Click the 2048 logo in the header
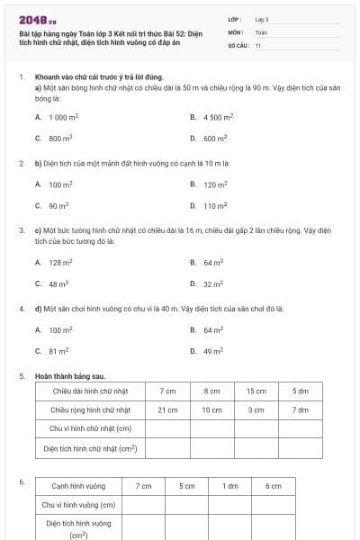click(x=38, y=19)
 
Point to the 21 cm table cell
click(x=167, y=409)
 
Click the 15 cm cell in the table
click(x=256, y=391)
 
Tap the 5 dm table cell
click(x=300, y=391)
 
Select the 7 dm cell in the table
click(x=300, y=409)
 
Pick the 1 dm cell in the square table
click(x=230, y=486)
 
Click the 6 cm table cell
click(x=274, y=486)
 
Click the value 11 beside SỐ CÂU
click(x=258, y=44)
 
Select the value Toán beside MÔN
click(x=261, y=31)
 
